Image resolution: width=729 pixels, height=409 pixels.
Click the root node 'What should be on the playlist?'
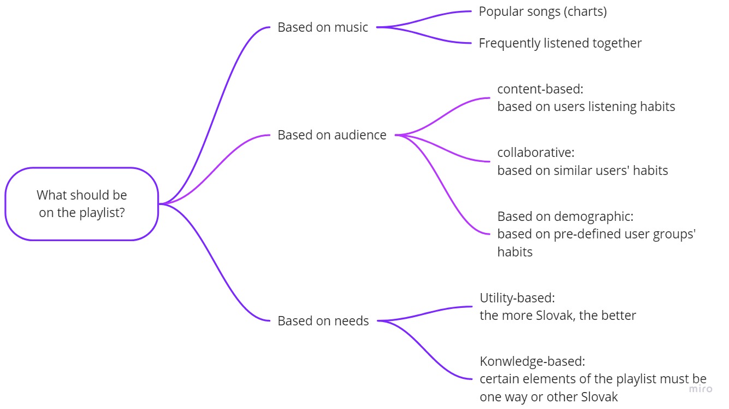click(x=81, y=203)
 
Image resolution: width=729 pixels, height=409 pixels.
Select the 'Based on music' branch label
click(x=323, y=27)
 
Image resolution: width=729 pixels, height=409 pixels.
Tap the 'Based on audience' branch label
click(x=331, y=135)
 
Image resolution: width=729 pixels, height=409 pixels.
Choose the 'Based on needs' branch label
click(x=323, y=320)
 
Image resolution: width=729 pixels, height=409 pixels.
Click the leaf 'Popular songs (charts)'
click(x=542, y=11)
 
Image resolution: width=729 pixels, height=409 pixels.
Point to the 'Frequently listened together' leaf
click(x=560, y=43)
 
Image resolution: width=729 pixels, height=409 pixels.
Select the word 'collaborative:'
click(x=536, y=153)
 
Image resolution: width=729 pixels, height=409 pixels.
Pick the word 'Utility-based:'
click(x=517, y=298)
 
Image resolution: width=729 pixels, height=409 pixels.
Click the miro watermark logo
click(x=700, y=389)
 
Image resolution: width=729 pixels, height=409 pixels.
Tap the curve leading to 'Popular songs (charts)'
click(x=426, y=17)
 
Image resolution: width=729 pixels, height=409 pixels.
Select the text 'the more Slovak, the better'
click(x=558, y=315)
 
